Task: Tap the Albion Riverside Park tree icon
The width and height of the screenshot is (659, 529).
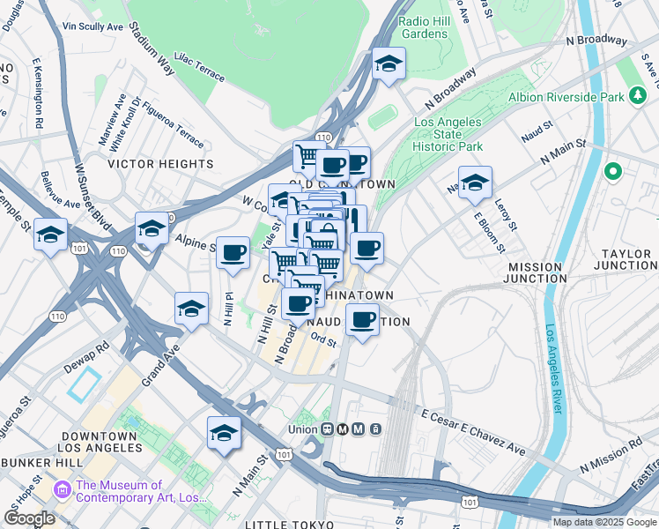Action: click(x=637, y=96)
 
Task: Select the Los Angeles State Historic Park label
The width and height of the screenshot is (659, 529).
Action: click(x=448, y=134)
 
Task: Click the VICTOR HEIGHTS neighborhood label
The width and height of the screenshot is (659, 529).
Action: click(x=160, y=164)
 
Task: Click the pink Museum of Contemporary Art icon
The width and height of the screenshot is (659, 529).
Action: click(x=63, y=488)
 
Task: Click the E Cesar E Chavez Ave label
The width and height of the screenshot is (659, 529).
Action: click(x=473, y=432)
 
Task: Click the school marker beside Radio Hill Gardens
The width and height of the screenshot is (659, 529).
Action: click(x=389, y=64)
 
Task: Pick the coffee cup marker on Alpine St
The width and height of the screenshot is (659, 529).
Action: click(x=233, y=254)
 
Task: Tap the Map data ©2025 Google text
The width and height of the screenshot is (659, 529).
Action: click(x=604, y=522)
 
